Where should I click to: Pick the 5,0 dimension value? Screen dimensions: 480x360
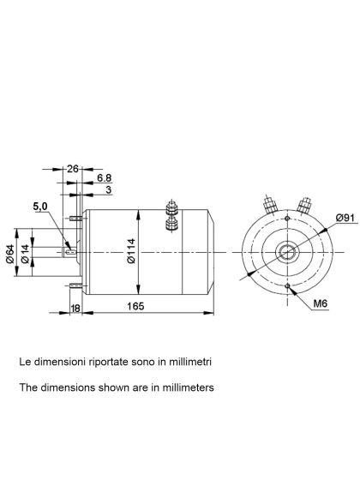pos(40,207)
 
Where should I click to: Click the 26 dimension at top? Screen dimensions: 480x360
pos(72,169)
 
